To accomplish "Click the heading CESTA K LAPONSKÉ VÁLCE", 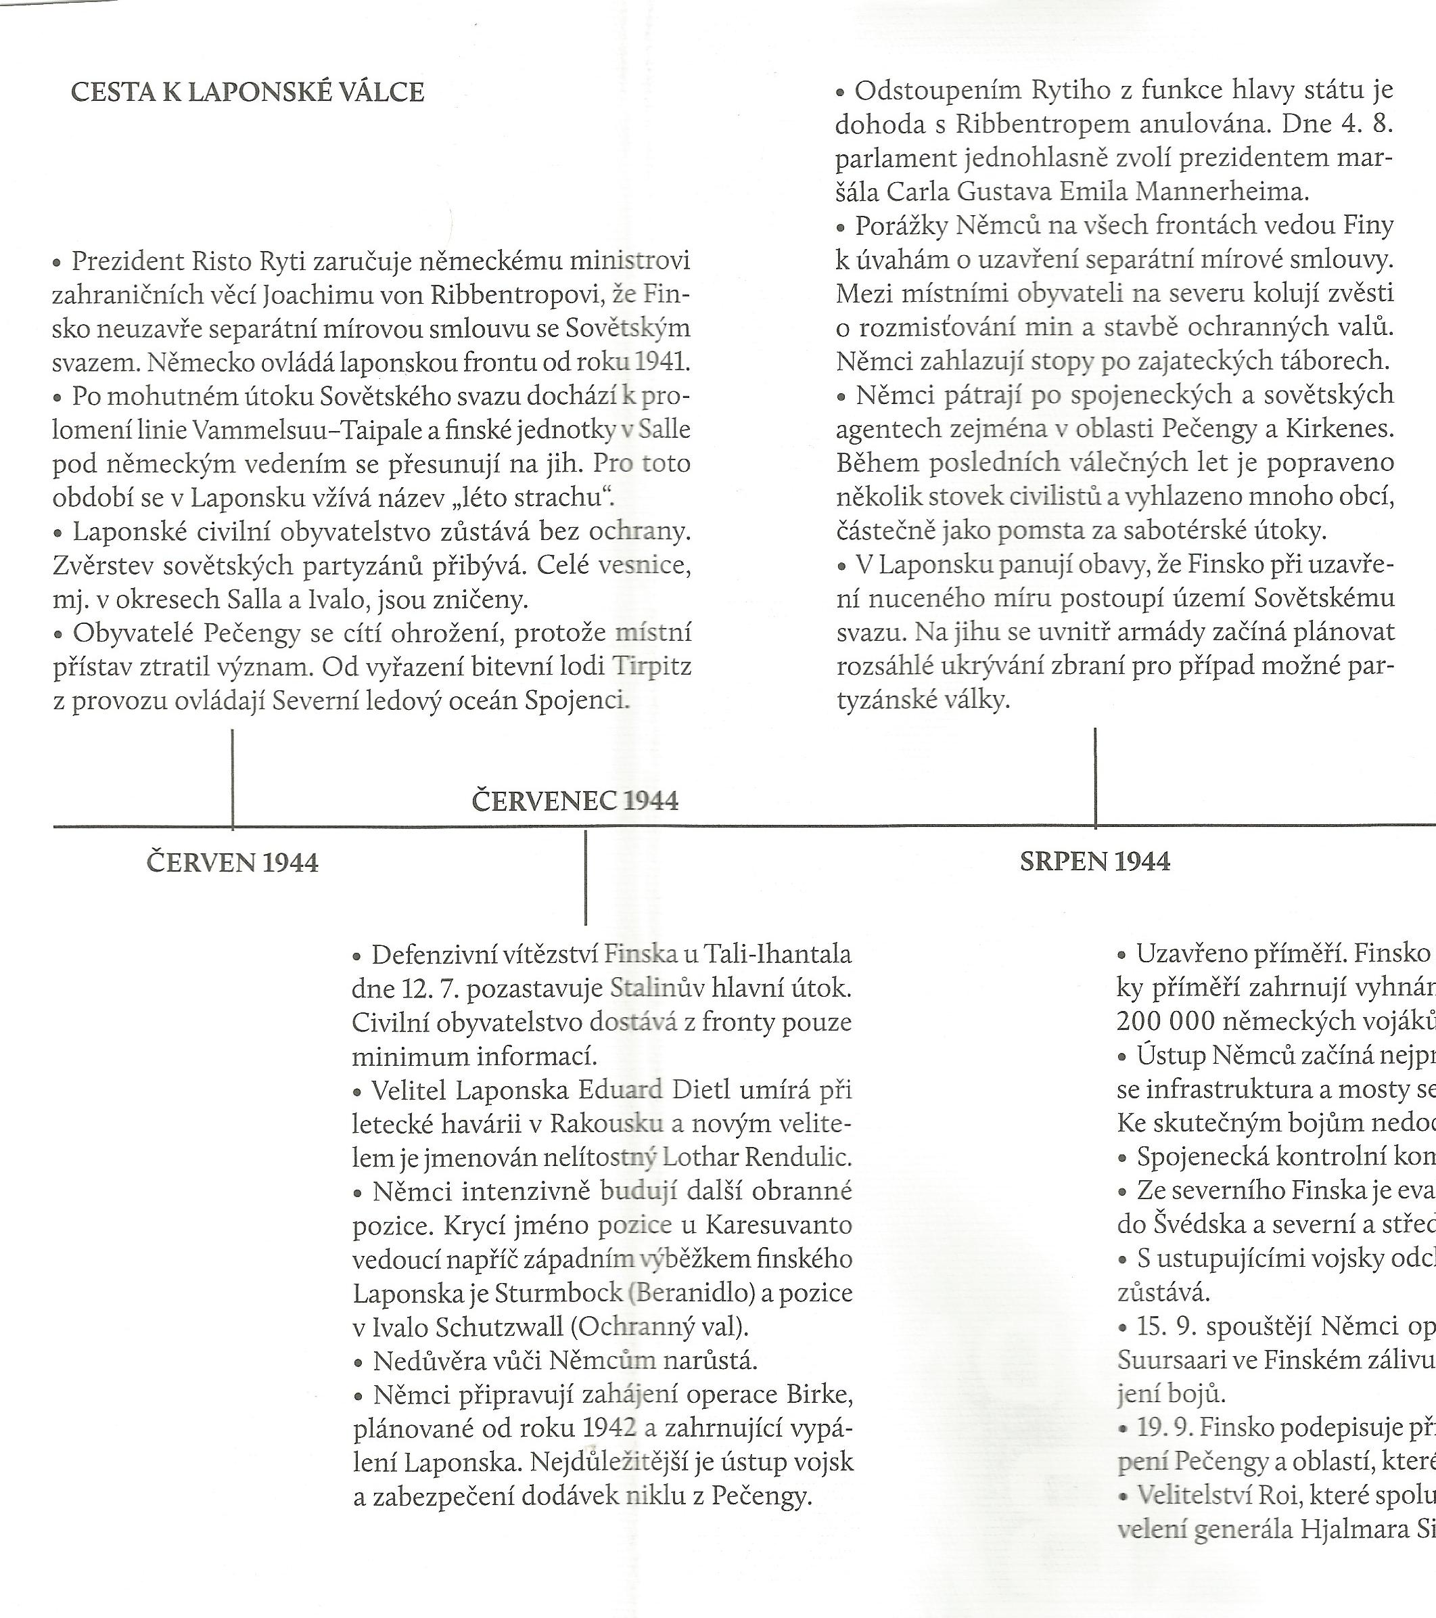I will click(248, 93).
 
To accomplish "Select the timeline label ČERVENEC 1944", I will click(575, 801).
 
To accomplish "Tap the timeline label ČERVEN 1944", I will click(233, 862).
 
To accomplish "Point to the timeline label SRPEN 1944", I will click(1095, 861).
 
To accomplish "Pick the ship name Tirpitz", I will click(652, 667).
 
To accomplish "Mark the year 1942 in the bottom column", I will click(609, 1428).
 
